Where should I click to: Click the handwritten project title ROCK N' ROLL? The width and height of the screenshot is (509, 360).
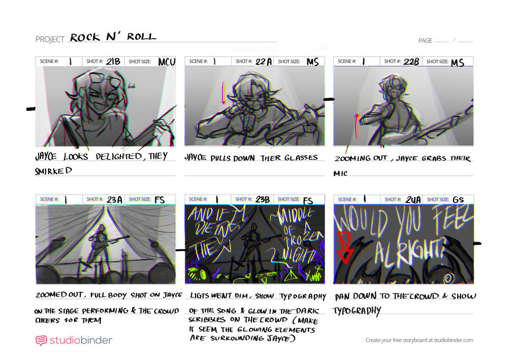(113, 37)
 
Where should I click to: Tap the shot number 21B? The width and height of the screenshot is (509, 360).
(113, 61)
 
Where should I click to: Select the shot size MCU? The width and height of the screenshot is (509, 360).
(166, 62)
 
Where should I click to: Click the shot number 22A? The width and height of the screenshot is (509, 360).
(263, 62)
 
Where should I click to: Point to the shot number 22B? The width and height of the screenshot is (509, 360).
(411, 62)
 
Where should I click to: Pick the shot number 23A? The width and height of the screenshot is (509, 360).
(114, 200)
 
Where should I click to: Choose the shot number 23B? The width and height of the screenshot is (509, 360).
(262, 200)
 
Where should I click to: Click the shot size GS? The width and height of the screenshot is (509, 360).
(458, 200)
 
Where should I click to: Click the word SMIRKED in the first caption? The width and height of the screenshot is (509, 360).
(53, 171)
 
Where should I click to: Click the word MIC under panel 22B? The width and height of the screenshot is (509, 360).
(341, 173)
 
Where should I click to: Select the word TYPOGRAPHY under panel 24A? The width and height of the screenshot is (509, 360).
(356, 311)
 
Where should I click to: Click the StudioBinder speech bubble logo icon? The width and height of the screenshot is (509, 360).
(41, 340)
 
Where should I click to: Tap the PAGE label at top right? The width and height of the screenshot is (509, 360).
(425, 41)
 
